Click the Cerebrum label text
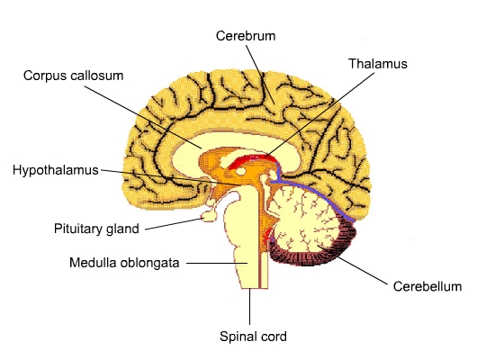246,36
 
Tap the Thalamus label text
378,64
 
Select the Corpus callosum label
73,76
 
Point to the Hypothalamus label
56,170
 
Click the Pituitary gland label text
96,229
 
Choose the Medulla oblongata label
124,263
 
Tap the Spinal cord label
253,337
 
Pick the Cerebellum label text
427,286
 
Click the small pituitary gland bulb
209,216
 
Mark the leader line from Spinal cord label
249,306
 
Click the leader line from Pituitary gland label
174,223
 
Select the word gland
122,229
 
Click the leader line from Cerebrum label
260,74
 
